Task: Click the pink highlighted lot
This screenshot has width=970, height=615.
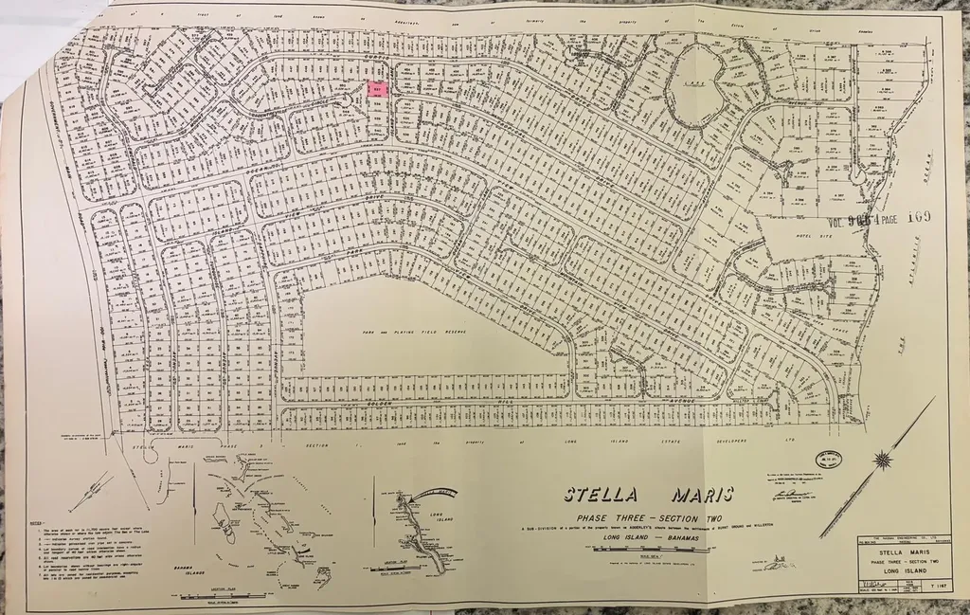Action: [x=377, y=89]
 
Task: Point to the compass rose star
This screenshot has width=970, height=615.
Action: [x=882, y=461]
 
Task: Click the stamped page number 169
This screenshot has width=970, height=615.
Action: [x=917, y=216]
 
